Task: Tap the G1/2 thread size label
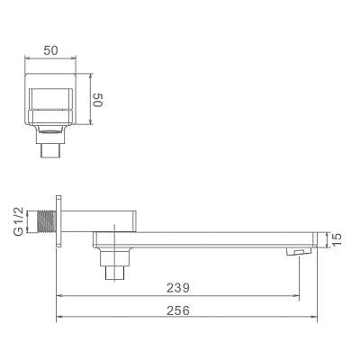tap(19, 220)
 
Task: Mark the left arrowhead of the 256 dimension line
tap(59, 318)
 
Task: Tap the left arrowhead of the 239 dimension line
tap(59, 294)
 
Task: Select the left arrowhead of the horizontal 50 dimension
tap(27, 59)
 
